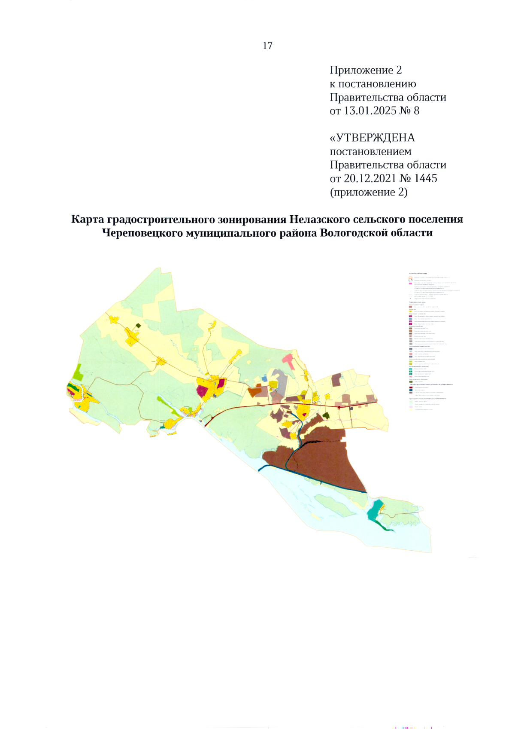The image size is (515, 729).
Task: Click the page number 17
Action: click(x=267, y=46)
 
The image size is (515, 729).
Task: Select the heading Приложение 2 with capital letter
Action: click(x=366, y=70)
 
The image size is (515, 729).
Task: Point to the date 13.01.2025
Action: click(x=370, y=111)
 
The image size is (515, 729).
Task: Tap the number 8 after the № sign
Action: click(x=416, y=111)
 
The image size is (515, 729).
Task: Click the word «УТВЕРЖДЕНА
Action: click(x=372, y=138)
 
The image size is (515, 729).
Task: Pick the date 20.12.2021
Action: click(x=370, y=178)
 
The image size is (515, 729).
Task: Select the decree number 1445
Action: click(x=425, y=178)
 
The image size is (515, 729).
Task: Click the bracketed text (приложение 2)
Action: click(x=368, y=192)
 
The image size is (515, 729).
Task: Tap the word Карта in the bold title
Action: click(x=88, y=219)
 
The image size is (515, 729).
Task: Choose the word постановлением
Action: click(x=370, y=152)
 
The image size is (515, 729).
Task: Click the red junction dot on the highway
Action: click(x=339, y=406)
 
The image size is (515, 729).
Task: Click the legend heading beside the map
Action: click(x=418, y=273)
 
